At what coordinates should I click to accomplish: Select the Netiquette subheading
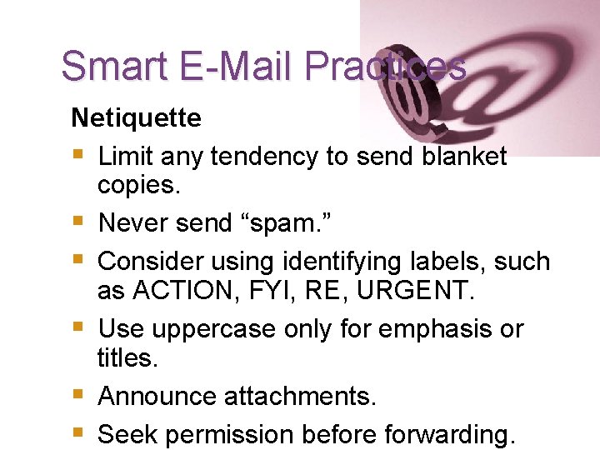tap(136, 117)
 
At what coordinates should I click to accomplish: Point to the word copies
tap(138, 185)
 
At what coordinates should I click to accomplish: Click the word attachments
tap(300, 397)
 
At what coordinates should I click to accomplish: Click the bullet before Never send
tap(77, 222)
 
